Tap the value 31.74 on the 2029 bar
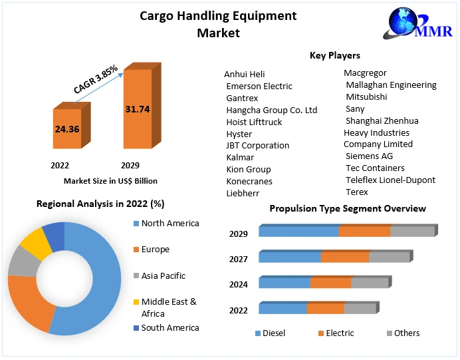137,109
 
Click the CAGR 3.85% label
95,79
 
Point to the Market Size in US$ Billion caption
110,180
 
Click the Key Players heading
335,55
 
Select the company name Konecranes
249,181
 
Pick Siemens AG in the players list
369,156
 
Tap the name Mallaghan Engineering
391,85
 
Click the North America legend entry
170,224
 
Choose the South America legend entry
170,327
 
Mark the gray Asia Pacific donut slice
21,264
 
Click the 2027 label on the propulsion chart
239,259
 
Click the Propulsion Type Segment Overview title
348,208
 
